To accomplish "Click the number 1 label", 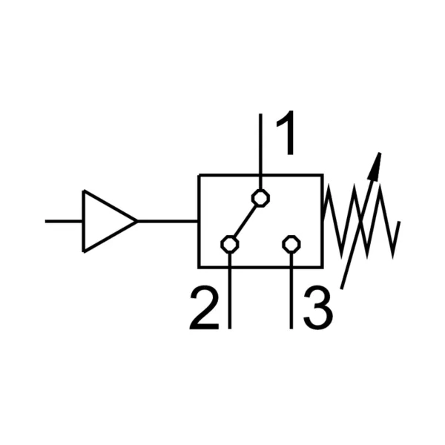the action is pyautogui.click(x=286, y=133).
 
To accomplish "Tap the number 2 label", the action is pyautogui.click(x=205, y=309).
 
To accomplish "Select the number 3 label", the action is pyautogui.click(x=318, y=308).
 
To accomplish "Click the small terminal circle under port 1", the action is pyautogui.click(x=260, y=198).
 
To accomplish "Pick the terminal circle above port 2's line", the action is pyautogui.click(x=230, y=244).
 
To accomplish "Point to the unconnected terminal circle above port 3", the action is pyautogui.click(x=291, y=244).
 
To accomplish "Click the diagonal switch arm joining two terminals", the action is pyautogui.click(x=245, y=221).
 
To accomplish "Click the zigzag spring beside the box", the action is pyautogui.click(x=361, y=221).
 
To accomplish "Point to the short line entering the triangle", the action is pyautogui.click(x=64, y=221).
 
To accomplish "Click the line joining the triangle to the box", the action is pyautogui.click(x=168, y=221).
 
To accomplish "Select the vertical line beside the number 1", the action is pyautogui.click(x=260, y=151).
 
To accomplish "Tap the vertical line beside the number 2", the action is pyautogui.click(x=230, y=291).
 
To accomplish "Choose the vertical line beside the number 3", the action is pyautogui.click(x=291, y=291).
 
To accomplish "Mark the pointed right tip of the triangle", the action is pyautogui.click(x=138, y=221).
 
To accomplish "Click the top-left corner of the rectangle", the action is pyautogui.click(x=199, y=175).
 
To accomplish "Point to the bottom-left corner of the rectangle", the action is pyautogui.click(x=199, y=267).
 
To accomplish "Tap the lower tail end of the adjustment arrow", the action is pyautogui.click(x=342, y=289).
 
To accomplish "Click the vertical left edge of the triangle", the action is pyautogui.click(x=83, y=221).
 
